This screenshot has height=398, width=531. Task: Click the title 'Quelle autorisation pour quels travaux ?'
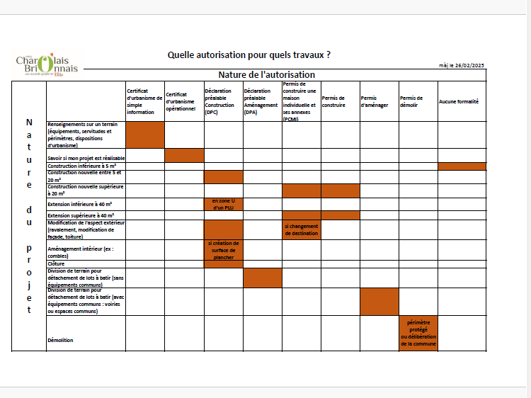coord(249,55)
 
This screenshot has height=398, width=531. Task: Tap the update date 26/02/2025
coord(462,66)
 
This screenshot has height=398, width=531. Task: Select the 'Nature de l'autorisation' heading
coord(266,75)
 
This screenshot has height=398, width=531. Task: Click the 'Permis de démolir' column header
coord(411,101)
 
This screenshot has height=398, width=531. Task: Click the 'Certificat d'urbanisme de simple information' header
coord(144,101)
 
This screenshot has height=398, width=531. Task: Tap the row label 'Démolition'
coord(61,341)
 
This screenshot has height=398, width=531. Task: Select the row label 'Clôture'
coord(56,263)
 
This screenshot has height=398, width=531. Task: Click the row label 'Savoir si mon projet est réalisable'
coord(86,157)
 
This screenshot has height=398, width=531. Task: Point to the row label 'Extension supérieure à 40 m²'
coord(81,215)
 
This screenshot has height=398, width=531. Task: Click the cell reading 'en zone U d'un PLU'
coord(223,204)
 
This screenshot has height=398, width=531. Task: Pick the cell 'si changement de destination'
coord(301,229)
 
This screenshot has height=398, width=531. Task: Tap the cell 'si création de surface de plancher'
coord(223,250)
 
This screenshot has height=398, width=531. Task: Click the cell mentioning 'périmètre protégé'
coord(418,333)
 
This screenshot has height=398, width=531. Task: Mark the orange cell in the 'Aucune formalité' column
coord(462,166)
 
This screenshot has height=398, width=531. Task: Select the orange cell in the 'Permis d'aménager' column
coord(379,301)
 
